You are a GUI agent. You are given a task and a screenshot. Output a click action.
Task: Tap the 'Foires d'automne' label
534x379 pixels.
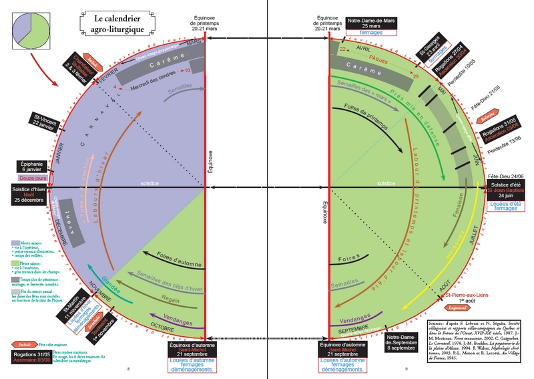[x=178, y=257]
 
